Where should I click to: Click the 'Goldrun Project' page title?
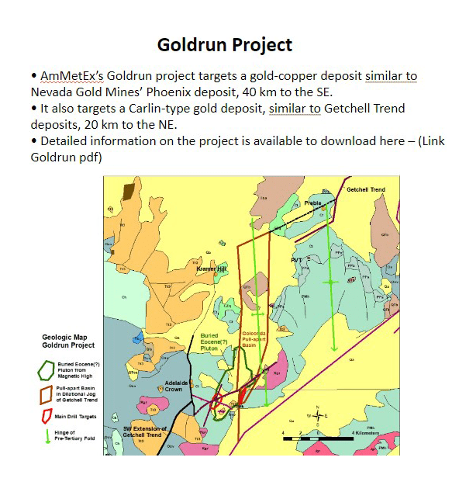pyautogui.click(x=225, y=45)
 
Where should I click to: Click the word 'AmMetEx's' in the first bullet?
pyautogui.click(x=70, y=76)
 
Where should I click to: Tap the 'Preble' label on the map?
pyautogui.click(x=312, y=203)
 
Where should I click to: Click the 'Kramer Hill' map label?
pyautogui.click(x=211, y=269)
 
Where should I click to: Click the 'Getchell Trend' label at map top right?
pyautogui.click(x=365, y=190)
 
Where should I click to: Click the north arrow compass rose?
pyautogui.click(x=316, y=416)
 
